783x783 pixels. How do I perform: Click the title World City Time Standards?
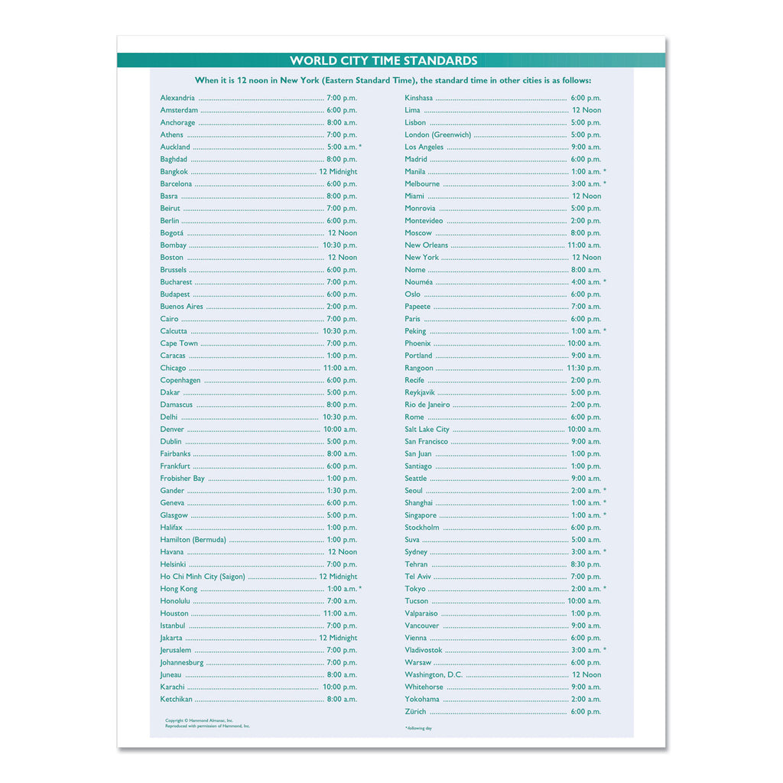383,61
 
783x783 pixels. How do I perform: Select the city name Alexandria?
177,98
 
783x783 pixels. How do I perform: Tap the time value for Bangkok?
338,172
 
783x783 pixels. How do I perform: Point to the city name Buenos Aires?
182,307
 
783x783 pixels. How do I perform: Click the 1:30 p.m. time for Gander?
342,491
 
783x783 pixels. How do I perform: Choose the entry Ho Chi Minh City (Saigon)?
203,577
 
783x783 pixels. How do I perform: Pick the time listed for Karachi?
340,687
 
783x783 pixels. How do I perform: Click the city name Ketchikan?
177,699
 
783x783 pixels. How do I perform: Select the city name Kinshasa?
419,98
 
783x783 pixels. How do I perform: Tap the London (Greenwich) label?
438,135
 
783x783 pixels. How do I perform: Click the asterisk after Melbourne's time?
605,184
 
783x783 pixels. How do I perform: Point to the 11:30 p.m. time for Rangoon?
584,368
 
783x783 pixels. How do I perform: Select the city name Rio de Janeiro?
427,404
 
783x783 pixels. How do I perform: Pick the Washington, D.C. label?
434,674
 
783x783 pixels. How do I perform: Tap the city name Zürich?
416,712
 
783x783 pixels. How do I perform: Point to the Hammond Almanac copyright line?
200,720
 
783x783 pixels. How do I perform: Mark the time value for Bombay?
340,245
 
